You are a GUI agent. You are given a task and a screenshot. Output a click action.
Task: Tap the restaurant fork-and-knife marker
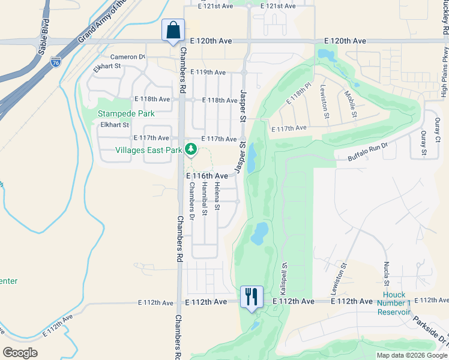click(x=252, y=296)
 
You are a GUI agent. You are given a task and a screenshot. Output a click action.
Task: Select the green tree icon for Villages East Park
click(x=191, y=148)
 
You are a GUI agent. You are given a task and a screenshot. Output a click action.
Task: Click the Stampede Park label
click(x=127, y=113)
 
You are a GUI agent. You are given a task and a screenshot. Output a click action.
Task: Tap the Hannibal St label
click(x=204, y=200)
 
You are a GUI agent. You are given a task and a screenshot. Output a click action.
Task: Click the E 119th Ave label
click(x=208, y=72)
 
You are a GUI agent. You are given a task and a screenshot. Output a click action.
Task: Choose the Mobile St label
click(x=350, y=103)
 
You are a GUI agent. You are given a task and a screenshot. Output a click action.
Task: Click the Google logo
click(x=20, y=352)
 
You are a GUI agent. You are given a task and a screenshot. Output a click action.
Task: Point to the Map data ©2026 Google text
click(x=412, y=355)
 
